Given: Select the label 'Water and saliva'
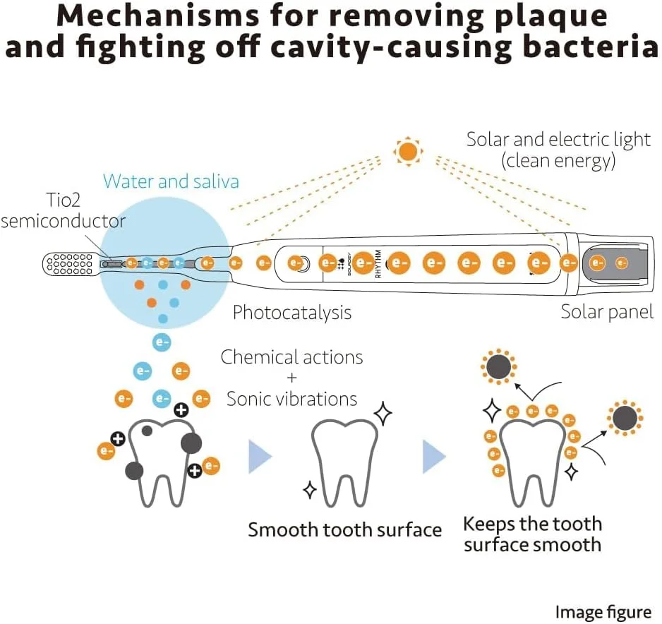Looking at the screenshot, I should [171, 181].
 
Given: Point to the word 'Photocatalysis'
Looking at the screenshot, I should [292, 311].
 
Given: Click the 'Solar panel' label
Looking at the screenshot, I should [607, 311].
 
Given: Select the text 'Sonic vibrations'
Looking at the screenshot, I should [292, 399].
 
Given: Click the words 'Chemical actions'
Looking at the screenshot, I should [292, 357].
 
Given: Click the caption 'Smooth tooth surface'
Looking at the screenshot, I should [344, 530].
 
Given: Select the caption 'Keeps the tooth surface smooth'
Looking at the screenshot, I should [533, 534].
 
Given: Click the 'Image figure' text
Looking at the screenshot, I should [603, 612].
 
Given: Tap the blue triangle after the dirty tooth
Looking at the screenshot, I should [260, 457].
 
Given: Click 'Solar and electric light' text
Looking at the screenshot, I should [558, 140].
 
